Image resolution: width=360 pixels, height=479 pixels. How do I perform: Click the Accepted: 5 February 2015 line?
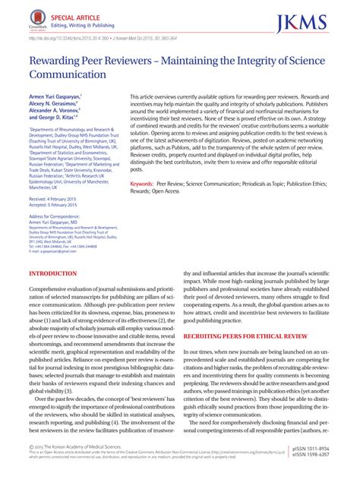(x=55, y=205)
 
